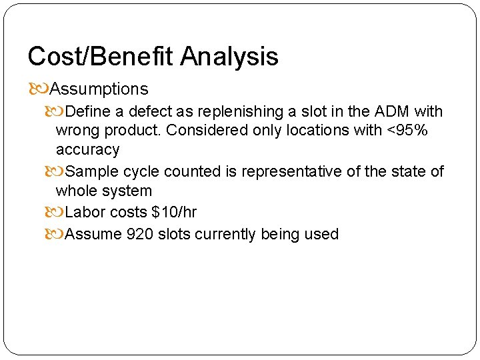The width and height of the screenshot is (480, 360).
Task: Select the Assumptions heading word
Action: (x=99, y=89)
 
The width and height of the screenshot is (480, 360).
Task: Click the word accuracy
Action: (x=87, y=150)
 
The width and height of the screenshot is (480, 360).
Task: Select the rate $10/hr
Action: (x=174, y=212)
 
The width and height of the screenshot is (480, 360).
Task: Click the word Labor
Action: (x=85, y=212)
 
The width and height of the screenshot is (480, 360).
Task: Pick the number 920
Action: (x=140, y=234)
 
